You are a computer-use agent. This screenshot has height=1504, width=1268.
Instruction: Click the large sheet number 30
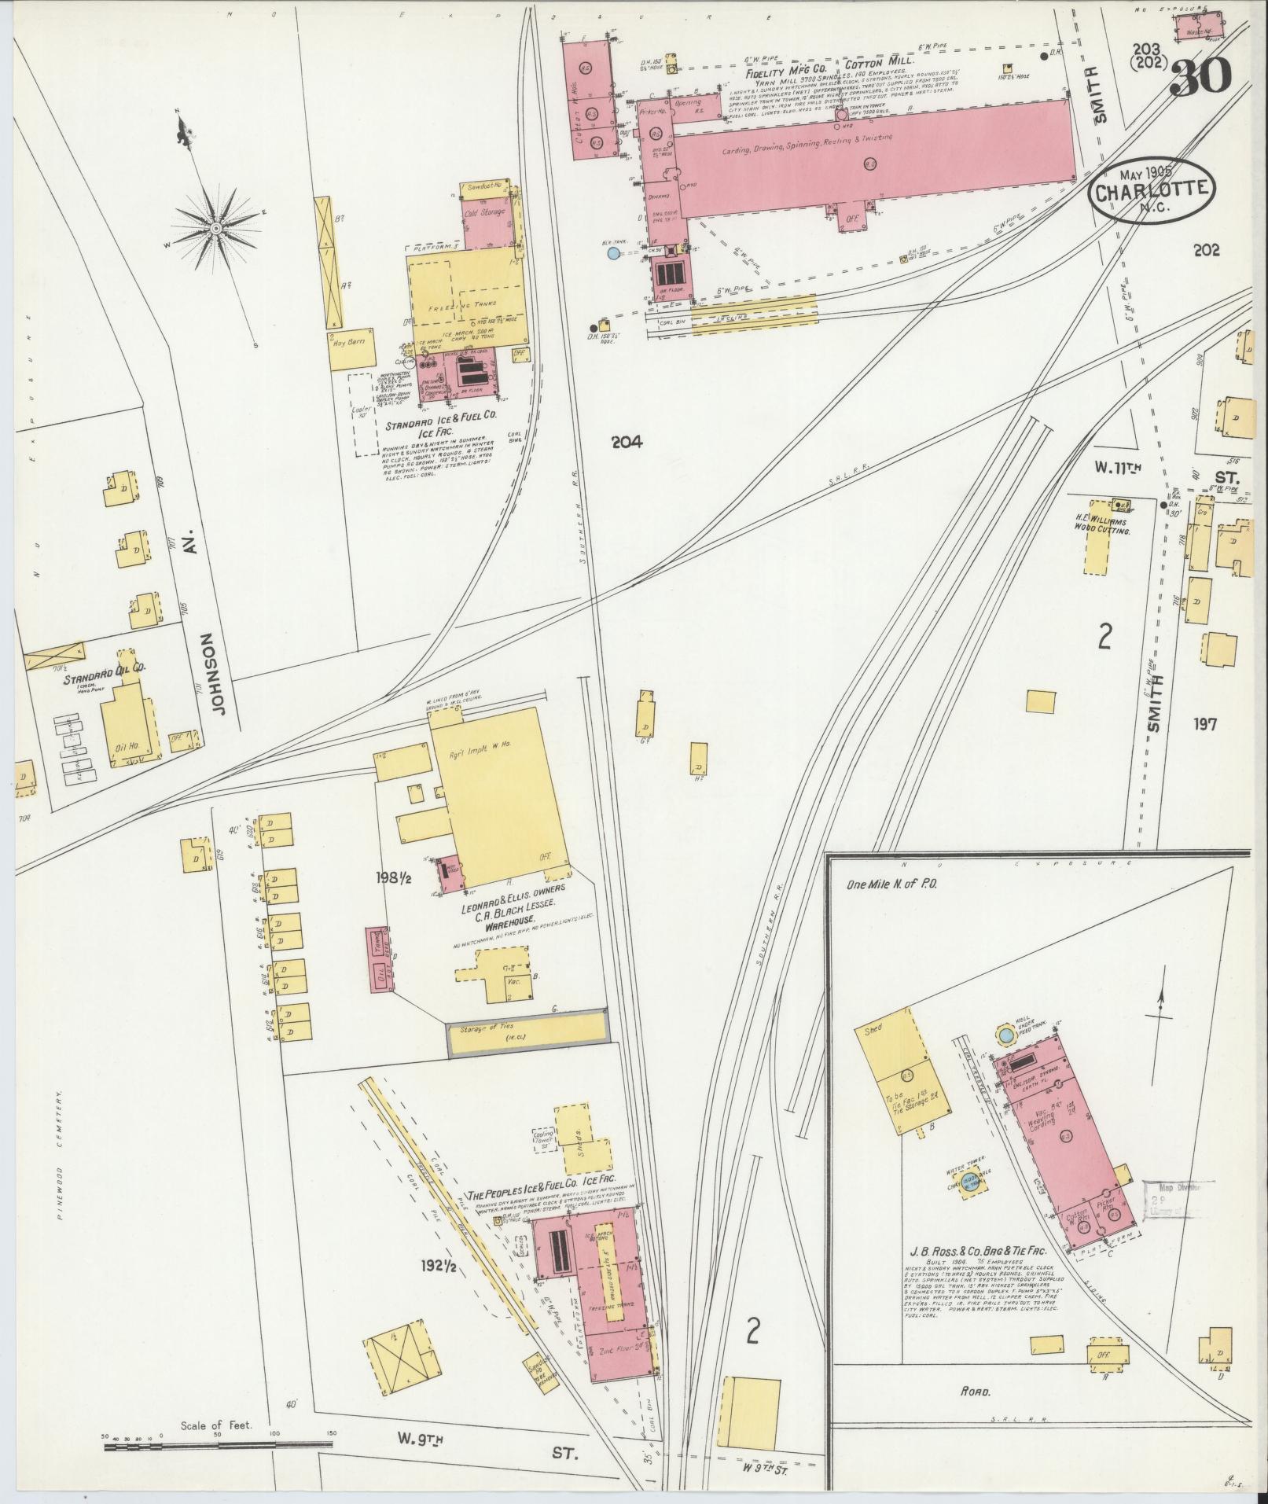click(1200, 76)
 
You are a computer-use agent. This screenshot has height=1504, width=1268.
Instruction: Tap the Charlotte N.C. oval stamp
click(1152, 192)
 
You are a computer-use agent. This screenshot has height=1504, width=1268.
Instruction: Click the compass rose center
click(214, 228)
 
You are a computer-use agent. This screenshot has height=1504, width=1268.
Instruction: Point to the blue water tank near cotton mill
click(613, 253)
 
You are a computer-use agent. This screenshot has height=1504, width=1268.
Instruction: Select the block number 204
click(627, 443)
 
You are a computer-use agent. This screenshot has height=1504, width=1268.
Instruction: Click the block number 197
click(1204, 723)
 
